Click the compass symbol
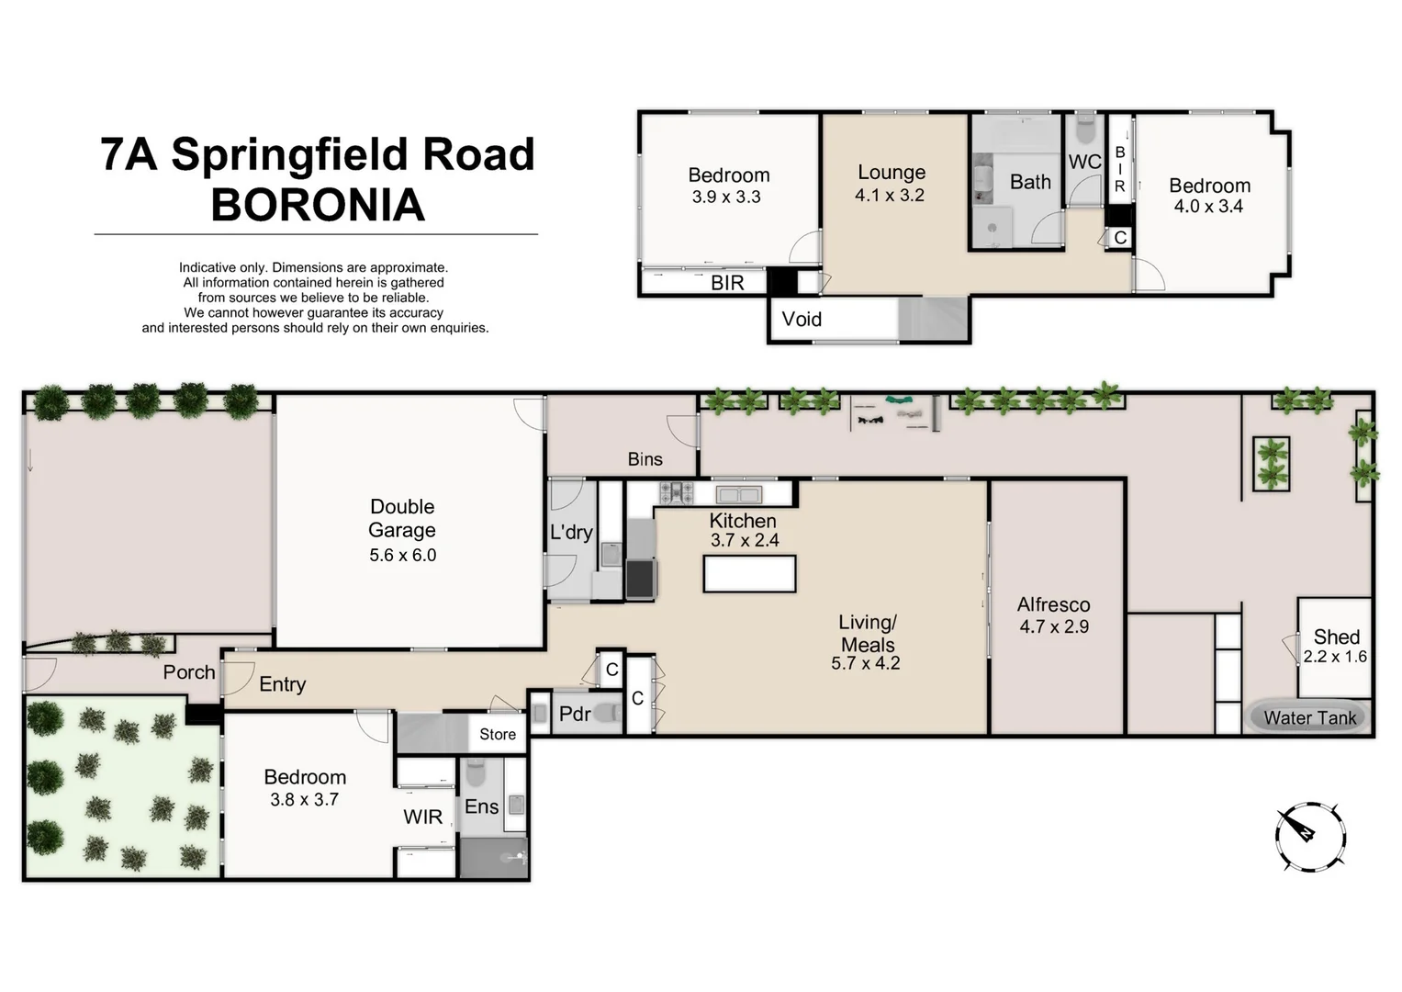click(x=1310, y=835)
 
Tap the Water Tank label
click(x=1309, y=718)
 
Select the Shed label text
click(x=1336, y=637)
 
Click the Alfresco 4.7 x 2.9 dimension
click(x=1054, y=627)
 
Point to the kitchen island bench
click(x=749, y=574)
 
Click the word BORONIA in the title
click(x=318, y=205)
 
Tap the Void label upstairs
click(x=802, y=320)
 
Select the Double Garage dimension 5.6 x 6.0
click(x=402, y=555)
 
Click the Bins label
click(x=645, y=459)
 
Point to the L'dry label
click(x=571, y=532)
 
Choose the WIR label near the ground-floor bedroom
click(x=422, y=817)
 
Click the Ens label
click(x=481, y=806)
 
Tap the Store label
click(x=498, y=734)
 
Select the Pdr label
click(x=575, y=714)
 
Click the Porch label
click(x=189, y=672)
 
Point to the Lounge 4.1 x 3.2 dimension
click(x=889, y=195)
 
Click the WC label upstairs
click(x=1084, y=162)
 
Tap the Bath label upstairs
click(x=1030, y=182)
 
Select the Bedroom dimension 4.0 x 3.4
click(x=1208, y=207)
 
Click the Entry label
click(x=282, y=684)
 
